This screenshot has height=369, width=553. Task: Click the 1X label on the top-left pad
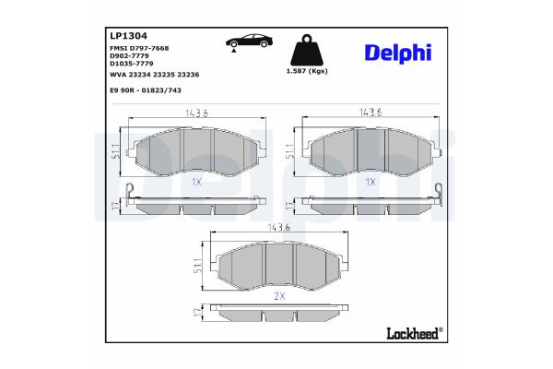(196, 182)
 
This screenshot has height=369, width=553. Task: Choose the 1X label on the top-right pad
(371, 182)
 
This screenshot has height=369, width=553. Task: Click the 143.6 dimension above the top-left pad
(194, 113)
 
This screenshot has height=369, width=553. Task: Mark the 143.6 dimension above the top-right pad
(371, 113)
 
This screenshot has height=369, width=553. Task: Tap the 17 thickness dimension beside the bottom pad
(196, 315)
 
